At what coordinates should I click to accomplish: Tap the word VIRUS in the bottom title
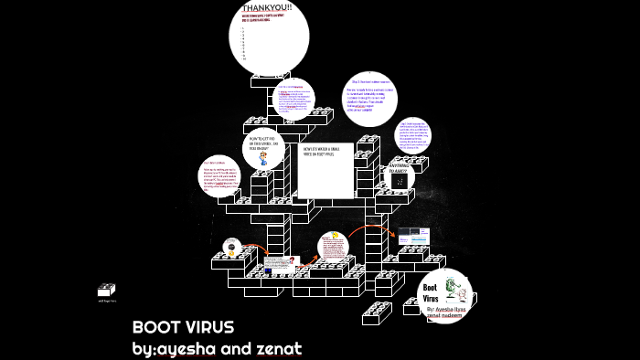[211, 327]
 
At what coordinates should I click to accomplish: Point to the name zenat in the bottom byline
[277, 348]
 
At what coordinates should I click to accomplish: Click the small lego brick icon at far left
[107, 291]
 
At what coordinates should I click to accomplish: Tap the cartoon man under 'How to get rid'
[263, 159]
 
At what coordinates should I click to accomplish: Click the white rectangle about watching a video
[325, 170]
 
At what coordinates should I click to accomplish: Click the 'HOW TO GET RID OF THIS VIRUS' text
[263, 142]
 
